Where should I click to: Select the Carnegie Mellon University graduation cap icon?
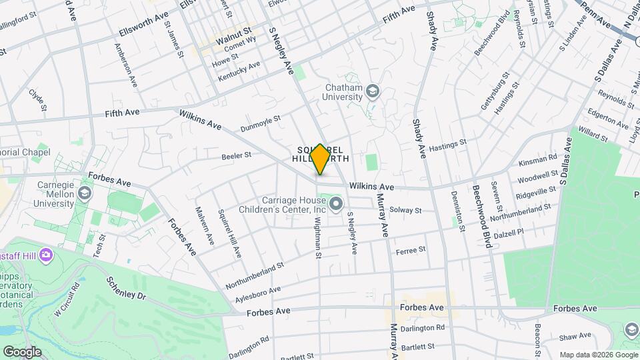tap(84, 193)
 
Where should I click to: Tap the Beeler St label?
tap(236, 155)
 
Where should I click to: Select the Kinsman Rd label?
tap(541, 159)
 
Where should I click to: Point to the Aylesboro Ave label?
tap(253, 292)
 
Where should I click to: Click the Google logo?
tap(22, 351)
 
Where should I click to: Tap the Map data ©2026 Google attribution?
tap(598, 355)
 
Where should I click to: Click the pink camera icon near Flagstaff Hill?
tap(46, 254)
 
